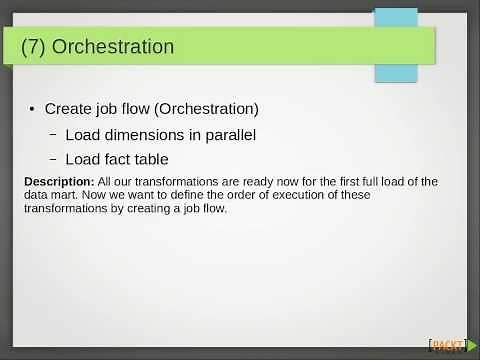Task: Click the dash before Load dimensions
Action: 53,134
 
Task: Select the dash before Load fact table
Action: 53,159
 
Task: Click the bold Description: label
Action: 59,181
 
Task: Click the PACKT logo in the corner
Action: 447,346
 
